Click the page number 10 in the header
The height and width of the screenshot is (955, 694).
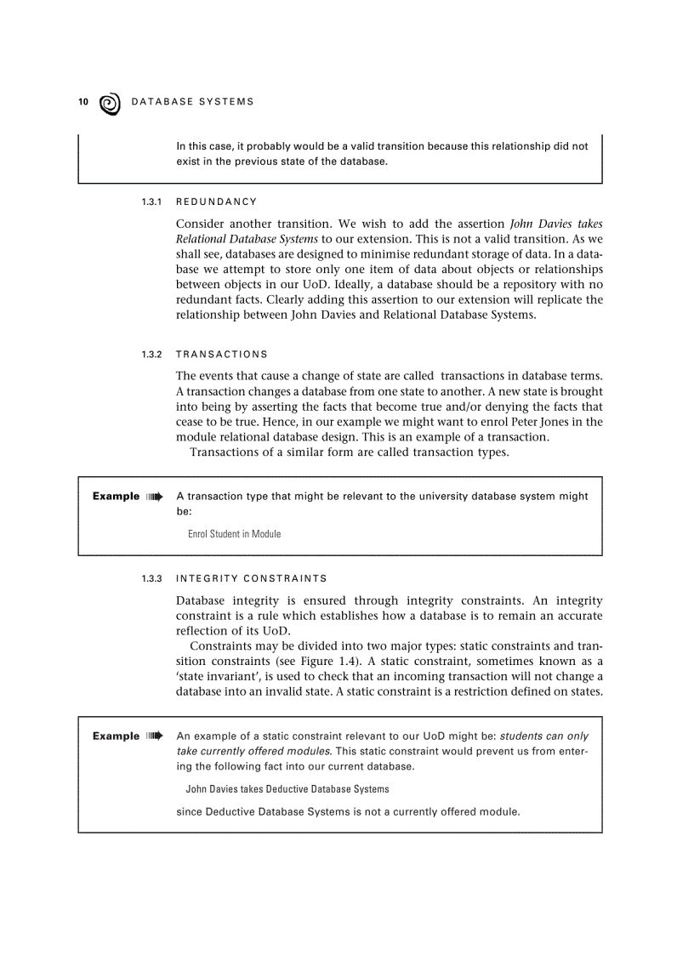83,102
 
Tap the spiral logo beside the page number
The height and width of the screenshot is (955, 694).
110,104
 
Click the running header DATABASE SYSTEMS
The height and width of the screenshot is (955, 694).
192,102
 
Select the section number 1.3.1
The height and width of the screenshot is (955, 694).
151,202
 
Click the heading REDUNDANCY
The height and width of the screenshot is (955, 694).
216,202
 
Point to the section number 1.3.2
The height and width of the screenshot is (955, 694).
151,355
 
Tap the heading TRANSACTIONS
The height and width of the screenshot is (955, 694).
221,355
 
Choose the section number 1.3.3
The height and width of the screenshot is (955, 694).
151,579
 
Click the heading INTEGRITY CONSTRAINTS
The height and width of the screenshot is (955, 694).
251,579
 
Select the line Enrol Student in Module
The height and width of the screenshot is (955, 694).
234,534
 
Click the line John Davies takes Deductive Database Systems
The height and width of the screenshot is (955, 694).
287,789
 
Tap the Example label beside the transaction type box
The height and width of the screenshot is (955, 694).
116,497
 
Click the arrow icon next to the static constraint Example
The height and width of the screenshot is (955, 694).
154,736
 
